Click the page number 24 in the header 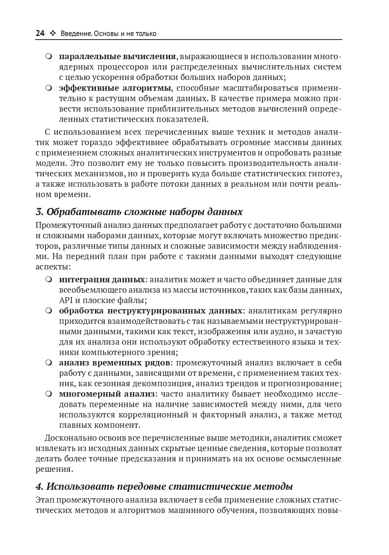(x=40, y=34)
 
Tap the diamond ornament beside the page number (x=52, y=34)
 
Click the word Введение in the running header (x=73, y=34)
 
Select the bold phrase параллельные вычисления (x=117, y=56)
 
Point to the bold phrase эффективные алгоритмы (x=115, y=88)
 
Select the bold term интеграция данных (x=102, y=279)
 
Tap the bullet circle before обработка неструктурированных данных (x=49, y=311)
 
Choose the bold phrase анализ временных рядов (x=115, y=363)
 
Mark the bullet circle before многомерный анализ (x=49, y=394)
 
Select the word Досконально (x=70, y=438)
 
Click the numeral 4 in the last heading (x=39, y=487)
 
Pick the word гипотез (x=326, y=174)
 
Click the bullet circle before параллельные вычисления (x=49, y=56)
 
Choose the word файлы (x=133, y=300)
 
